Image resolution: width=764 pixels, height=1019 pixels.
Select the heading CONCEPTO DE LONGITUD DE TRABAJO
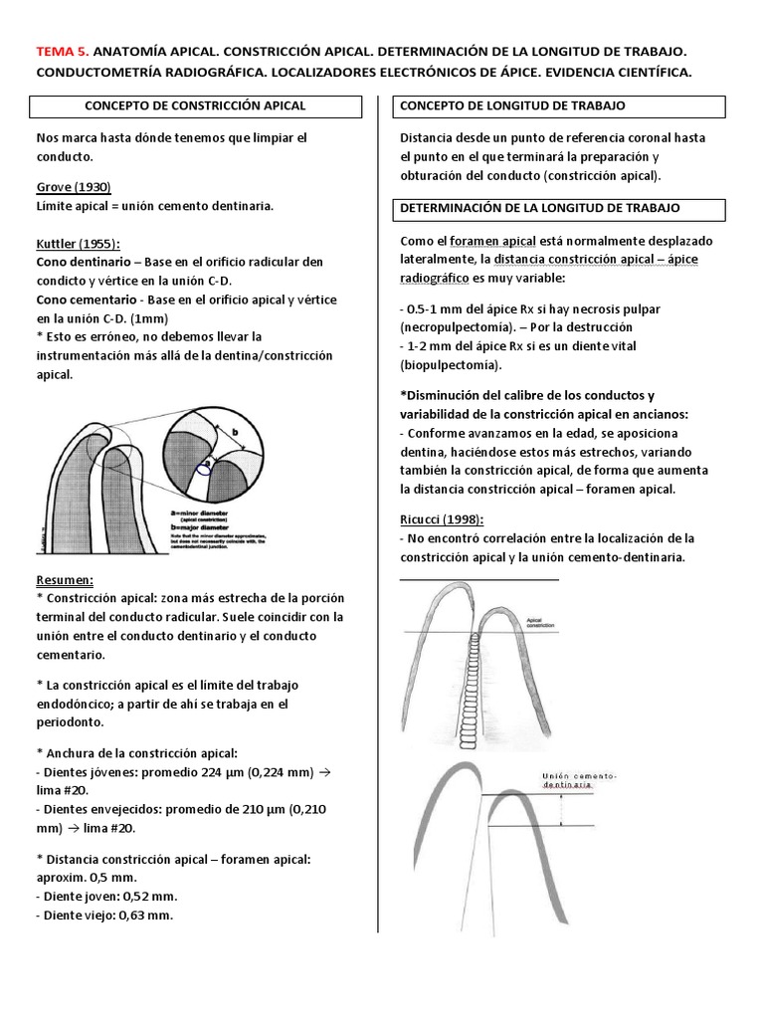pyautogui.click(x=512, y=104)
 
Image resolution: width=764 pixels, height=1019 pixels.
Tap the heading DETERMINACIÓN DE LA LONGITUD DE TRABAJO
pyautogui.click(x=539, y=208)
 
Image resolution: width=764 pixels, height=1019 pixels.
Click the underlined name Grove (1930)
pyautogui.click(x=74, y=187)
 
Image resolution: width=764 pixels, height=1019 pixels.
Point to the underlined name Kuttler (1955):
pyautogui.click(x=78, y=243)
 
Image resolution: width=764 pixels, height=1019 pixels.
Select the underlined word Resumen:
pyautogui.click(x=65, y=578)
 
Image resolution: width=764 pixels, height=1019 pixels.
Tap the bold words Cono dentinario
pyautogui.click(x=84, y=261)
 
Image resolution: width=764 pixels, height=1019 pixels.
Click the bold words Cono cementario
pyautogui.click(x=87, y=299)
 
